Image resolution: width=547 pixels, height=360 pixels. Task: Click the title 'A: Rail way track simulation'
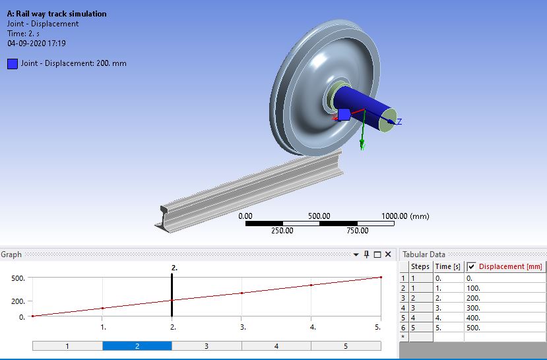(57, 14)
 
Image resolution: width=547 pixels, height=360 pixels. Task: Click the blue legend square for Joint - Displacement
(13, 64)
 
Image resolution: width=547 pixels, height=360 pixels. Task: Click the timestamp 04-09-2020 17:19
(36, 44)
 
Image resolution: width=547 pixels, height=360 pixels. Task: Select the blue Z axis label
(399, 122)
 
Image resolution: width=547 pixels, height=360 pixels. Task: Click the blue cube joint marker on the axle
(343, 115)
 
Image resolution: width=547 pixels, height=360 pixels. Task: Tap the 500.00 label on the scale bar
(319, 216)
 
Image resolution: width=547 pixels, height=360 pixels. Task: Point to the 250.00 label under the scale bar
(282, 231)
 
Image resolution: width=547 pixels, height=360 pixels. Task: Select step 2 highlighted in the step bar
(137, 345)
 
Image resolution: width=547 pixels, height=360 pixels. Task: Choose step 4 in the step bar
(276, 345)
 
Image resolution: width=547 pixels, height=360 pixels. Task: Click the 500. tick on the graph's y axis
(18, 278)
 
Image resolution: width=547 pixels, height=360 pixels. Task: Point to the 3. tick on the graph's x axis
(242, 327)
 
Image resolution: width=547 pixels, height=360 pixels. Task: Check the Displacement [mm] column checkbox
(471, 267)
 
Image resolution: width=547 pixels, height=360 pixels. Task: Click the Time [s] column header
(447, 267)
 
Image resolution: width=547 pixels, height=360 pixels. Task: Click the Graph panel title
(11, 255)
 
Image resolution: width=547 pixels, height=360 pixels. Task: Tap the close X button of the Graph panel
(388, 255)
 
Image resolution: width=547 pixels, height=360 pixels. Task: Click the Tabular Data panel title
(424, 255)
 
